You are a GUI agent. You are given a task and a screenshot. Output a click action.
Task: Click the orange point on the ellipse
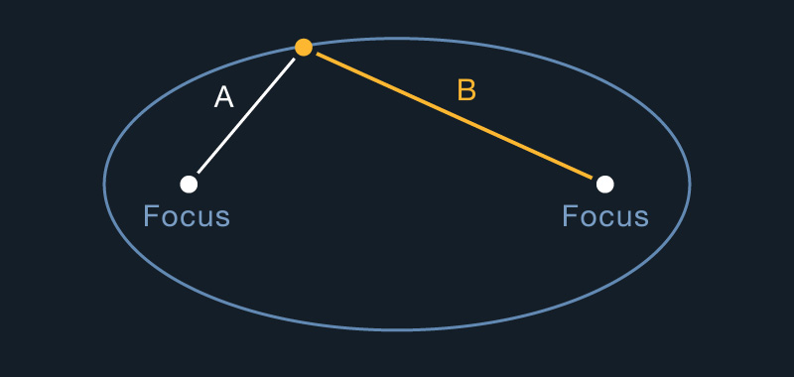point(304,47)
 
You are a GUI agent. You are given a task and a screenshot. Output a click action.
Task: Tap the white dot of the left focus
point(189,184)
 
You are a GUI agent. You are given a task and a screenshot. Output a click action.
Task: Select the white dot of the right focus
point(604,184)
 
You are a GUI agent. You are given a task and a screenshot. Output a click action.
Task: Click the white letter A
point(224,97)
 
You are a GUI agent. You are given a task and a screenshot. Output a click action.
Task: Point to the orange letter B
point(466,90)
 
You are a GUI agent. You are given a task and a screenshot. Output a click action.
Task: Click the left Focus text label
point(187,216)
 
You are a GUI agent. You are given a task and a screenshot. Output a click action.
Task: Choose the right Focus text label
point(605,216)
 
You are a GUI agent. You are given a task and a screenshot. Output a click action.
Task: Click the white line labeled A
point(246,115)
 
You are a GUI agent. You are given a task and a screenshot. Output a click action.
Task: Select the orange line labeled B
point(457,116)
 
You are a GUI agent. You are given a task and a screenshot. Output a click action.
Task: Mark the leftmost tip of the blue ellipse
point(104,184)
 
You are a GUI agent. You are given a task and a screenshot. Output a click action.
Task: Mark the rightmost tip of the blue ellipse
point(690,184)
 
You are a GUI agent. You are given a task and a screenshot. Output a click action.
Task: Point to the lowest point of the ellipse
point(397,329)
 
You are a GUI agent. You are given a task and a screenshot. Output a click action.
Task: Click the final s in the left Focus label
point(221,217)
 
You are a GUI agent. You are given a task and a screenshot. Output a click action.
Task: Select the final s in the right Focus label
point(640,217)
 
